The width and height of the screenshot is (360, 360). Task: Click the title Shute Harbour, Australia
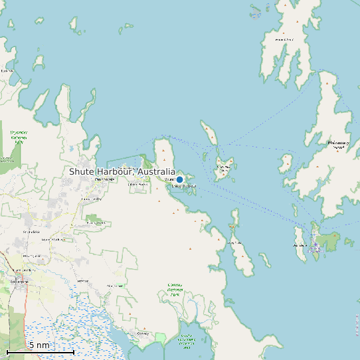pos(122,171)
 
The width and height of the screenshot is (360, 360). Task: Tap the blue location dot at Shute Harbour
pos(179,179)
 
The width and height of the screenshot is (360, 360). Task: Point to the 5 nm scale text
pos(39,345)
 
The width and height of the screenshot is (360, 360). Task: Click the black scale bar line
pos(40,351)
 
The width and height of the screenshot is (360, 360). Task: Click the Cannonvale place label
pos(105,179)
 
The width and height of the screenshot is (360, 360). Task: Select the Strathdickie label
pos(31,231)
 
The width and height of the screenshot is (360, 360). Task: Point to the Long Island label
pos(235,243)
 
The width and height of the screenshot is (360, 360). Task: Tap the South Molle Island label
pos(225,167)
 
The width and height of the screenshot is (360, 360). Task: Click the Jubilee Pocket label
pos(137,185)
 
